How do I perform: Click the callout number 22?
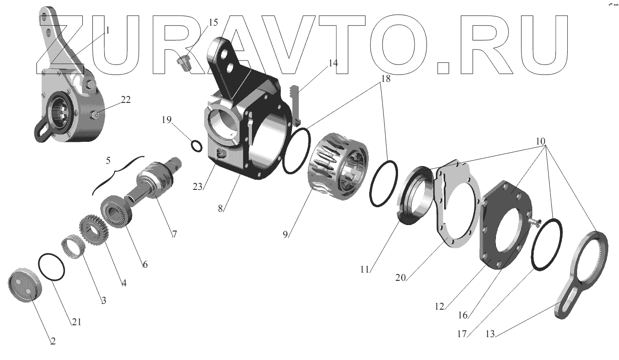tap(126, 100)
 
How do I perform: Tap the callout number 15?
tap(213, 22)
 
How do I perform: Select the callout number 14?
tap(333, 63)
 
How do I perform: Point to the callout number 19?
tap(167, 120)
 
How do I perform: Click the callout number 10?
tap(540, 141)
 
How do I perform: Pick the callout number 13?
tap(490, 334)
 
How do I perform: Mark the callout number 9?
tap(285, 234)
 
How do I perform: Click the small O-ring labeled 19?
tap(197, 145)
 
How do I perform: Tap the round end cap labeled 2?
tap(25, 285)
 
